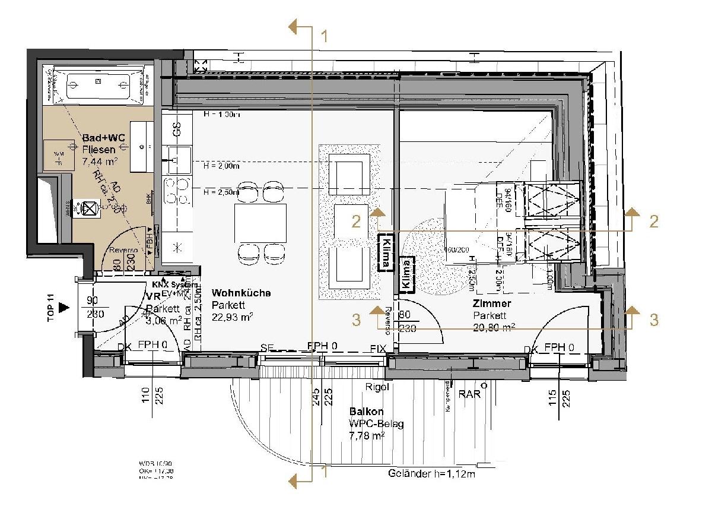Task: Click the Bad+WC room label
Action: point(103,138)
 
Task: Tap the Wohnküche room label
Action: point(241,293)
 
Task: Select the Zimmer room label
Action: point(492,303)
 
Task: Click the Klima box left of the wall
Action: point(386,253)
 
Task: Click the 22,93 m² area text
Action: point(233,317)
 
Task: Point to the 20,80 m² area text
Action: point(494,327)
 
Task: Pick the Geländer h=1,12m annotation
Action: point(433,473)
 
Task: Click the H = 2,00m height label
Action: point(221,166)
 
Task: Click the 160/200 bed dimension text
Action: point(457,249)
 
